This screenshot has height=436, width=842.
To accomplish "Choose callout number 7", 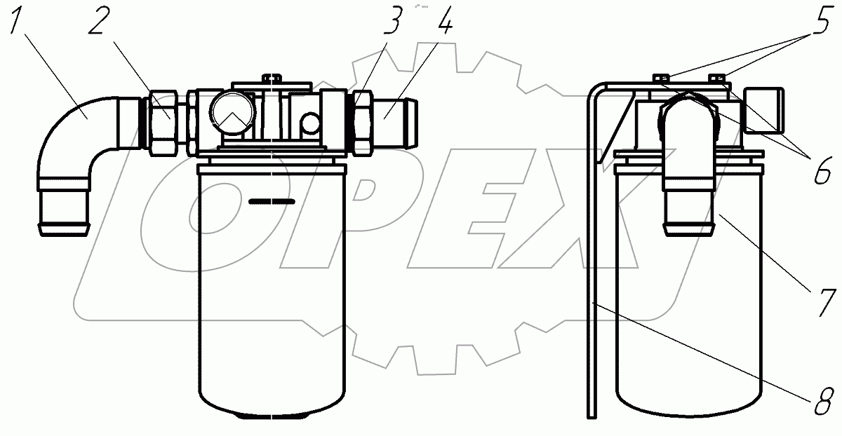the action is [826, 302].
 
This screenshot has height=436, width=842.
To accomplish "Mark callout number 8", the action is [824, 402].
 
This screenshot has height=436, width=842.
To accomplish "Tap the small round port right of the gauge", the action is [310, 123].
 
